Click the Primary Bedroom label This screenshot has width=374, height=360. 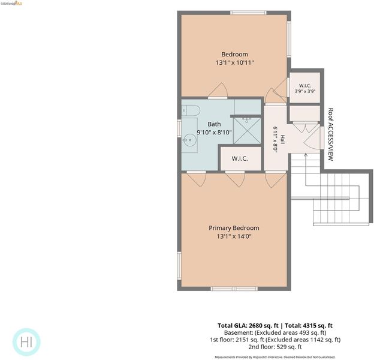point(234,228)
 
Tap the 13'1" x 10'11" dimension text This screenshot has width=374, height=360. point(235,63)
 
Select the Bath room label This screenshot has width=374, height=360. point(214,124)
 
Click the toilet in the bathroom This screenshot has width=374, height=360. point(191,110)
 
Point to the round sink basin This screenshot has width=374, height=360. point(189,140)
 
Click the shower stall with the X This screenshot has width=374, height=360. point(247,131)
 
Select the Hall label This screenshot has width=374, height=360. point(283,139)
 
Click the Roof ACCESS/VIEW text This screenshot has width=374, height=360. point(331,134)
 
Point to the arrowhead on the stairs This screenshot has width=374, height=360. point(306,155)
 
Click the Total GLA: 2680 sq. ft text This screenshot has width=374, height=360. point(248,326)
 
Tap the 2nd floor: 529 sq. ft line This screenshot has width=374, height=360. point(275,347)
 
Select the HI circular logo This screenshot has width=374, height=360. point(26,342)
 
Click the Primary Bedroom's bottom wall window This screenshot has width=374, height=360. point(234,289)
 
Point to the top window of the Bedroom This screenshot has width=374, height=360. point(248,13)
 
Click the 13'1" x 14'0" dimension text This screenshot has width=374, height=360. point(234,236)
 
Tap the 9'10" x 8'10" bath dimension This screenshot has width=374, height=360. point(214,132)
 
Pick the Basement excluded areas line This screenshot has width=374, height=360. point(275,332)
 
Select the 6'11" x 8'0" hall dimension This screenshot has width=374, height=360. point(276,139)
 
